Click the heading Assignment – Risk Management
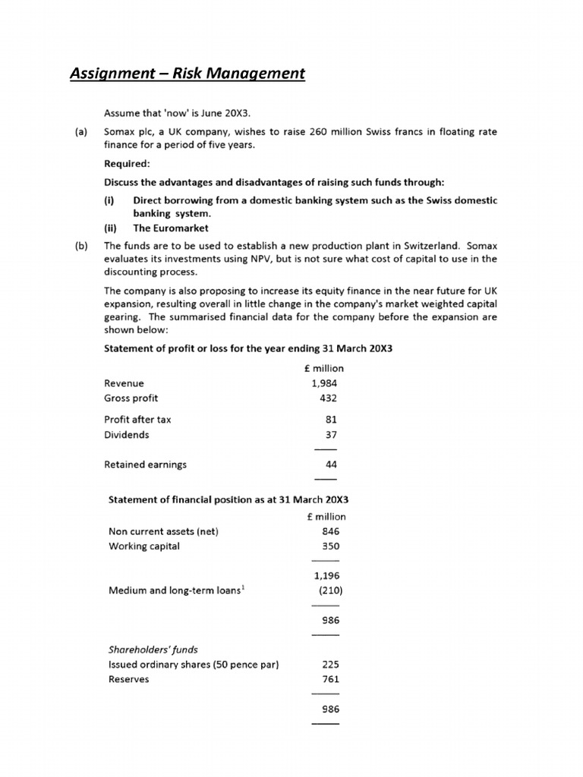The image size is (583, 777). click(187, 74)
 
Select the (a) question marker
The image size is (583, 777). click(80, 132)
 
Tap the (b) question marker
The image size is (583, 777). click(80, 246)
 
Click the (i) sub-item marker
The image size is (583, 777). click(109, 200)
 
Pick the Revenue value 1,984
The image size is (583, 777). click(324, 383)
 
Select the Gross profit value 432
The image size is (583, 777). click(329, 398)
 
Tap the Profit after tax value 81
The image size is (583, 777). click(331, 420)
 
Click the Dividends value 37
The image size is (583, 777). click(331, 435)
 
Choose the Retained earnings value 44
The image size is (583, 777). click(331, 464)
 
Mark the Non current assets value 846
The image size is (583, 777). click(331, 532)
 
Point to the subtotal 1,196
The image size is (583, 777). click(326, 576)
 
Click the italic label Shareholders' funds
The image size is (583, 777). click(153, 650)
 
